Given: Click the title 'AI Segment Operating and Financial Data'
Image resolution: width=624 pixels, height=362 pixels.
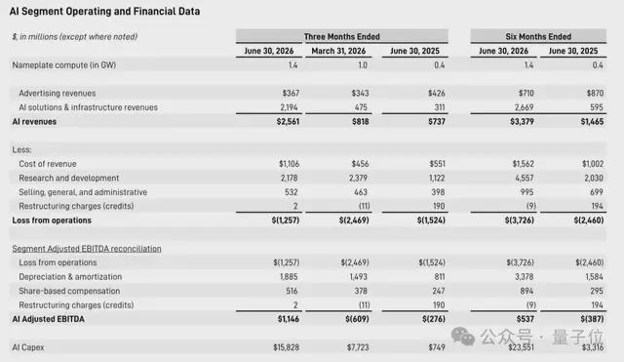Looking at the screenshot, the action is tap(104, 11).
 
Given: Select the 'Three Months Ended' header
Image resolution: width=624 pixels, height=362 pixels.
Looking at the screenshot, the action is tap(342, 37).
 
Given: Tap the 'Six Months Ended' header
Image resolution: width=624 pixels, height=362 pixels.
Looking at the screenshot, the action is tap(538, 37).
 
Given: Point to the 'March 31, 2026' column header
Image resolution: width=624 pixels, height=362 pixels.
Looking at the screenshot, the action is tap(338, 51).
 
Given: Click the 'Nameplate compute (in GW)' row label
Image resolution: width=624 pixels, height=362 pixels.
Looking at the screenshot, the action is tap(64, 65).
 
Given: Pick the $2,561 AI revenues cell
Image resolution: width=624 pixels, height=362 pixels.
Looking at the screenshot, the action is tap(288, 121).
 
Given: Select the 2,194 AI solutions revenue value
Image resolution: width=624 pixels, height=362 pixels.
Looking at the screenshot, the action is tap(289, 107).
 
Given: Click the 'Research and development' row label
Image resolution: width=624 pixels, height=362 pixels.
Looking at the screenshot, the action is tap(69, 178).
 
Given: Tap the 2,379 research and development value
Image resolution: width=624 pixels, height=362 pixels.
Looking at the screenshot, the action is tap(358, 178).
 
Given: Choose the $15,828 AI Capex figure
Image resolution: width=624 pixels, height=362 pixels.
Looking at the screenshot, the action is tap(286, 347).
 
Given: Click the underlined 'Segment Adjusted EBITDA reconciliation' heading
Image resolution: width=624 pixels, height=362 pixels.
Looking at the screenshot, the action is tap(87, 249).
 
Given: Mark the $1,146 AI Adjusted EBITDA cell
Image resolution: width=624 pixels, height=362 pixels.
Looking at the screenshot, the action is tap(289, 319).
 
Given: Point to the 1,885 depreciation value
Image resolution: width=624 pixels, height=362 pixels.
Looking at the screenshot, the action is tap(289, 277).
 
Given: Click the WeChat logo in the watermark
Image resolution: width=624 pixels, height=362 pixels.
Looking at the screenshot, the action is tap(463, 336).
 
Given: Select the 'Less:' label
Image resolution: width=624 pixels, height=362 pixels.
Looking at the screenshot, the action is tap(21, 149).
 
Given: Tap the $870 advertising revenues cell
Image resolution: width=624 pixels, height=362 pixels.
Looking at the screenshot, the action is tap(595, 94).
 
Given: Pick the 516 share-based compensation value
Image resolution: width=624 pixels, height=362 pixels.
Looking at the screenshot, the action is tap(292, 291).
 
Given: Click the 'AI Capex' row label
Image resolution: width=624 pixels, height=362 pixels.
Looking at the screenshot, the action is tap(28, 347).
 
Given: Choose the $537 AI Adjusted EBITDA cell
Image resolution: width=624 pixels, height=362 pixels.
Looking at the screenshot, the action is tap(525, 319).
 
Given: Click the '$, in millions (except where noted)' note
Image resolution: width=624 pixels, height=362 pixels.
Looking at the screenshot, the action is tap(75, 37).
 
